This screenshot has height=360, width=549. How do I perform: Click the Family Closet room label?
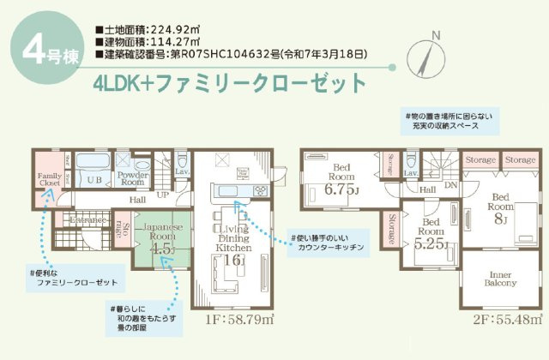pyautogui.click(x=47, y=178)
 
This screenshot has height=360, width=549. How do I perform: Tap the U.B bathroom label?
pyautogui.click(x=94, y=179)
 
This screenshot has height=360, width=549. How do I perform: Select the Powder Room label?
pyautogui.click(x=131, y=178)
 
